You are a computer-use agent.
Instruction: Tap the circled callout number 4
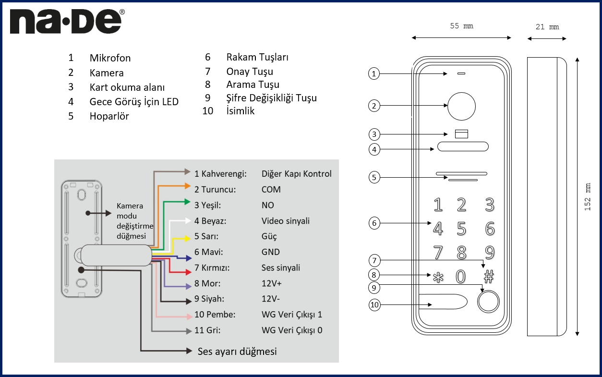tap(374, 149)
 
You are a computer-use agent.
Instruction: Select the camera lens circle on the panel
tap(461, 106)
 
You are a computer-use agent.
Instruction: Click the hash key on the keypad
tap(488, 276)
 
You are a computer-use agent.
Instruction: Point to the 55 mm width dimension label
tap(461, 26)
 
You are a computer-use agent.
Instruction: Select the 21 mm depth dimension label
tap(547, 27)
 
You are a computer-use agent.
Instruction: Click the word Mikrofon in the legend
tap(110, 58)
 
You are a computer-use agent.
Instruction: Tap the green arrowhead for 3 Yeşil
tap(187, 202)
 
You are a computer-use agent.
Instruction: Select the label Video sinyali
tap(286, 221)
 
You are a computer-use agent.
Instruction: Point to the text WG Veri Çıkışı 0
tap(292, 330)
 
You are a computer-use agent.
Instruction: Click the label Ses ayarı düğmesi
tap(237, 351)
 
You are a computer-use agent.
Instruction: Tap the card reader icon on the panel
tap(461, 134)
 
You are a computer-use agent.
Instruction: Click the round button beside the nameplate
tap(488, 302)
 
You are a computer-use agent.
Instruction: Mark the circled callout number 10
tap(374, 305)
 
